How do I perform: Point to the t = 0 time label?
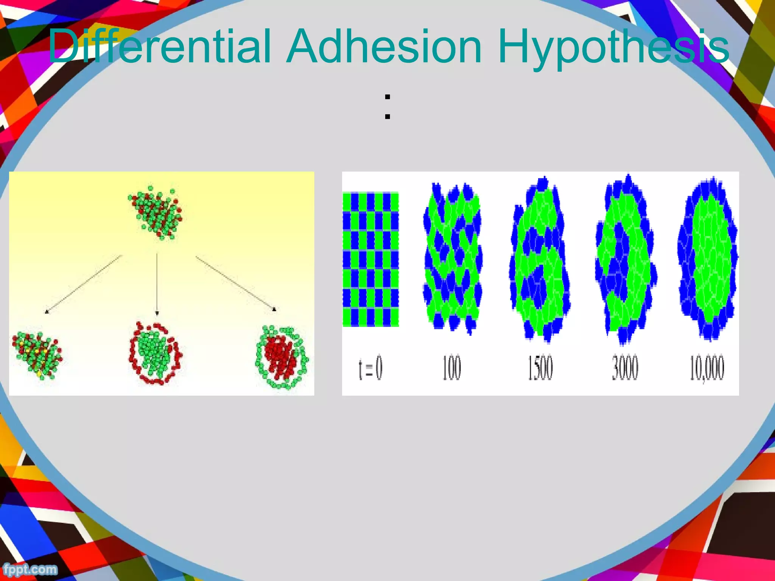pyautogui.click(x=370, y=368)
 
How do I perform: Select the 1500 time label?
pyautogui.click(x=540, y=368)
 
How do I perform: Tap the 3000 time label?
pyautogui.click(x=625, y=368)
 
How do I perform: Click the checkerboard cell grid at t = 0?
pyautogui.click(x=371, y=259)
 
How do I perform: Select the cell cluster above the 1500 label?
pyautogui.click(x=540, y=259)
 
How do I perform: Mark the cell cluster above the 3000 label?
pyautogui.click(x=626, y=259)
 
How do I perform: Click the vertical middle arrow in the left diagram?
pyautogui.click(x=157, y=284)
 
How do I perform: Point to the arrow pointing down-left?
pyautogui.click(x=83, y=284)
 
